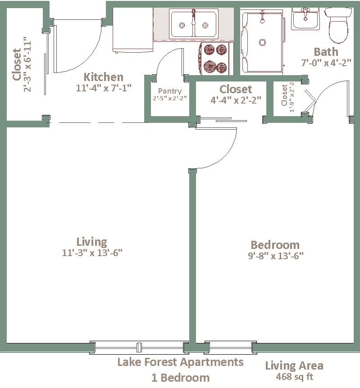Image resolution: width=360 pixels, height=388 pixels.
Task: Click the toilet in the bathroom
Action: (338, 25)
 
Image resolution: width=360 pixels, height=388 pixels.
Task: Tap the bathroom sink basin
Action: (305, 19)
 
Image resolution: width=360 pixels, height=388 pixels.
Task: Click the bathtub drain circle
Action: (262, 43)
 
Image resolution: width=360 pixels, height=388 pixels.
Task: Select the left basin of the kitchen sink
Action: (182, 24)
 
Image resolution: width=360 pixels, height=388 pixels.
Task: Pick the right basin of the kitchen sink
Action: (205, 24)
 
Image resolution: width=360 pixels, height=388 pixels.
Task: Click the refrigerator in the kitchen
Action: (133, 30)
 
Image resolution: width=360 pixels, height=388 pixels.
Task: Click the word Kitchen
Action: (104, 77)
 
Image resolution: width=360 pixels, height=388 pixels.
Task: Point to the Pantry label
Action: (170, 91)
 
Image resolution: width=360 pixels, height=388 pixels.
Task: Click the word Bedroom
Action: (275, 245)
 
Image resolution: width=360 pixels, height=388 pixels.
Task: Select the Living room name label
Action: (91, 242)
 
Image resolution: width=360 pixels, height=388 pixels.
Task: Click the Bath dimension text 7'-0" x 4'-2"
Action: (326, 63)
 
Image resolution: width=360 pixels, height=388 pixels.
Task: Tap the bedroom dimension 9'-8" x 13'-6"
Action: (276, 256)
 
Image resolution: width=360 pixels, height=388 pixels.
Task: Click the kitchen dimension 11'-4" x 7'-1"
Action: (104, 88)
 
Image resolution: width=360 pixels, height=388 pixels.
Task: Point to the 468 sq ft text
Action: (295, 377)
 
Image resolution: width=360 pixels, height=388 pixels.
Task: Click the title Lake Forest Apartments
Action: (180, 362)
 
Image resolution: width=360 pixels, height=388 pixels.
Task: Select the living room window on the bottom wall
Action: (139, 347)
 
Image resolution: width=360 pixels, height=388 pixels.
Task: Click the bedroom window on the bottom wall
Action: (230, 347)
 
